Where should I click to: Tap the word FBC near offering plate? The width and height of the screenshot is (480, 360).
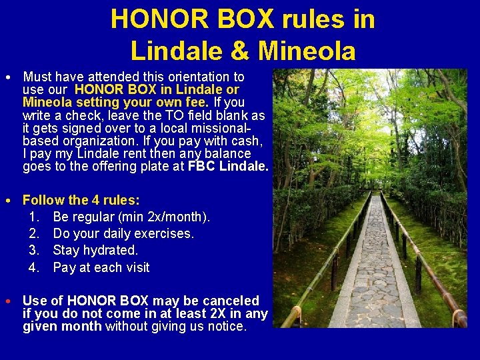201,166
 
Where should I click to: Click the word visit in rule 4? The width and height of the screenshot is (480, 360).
135,267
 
